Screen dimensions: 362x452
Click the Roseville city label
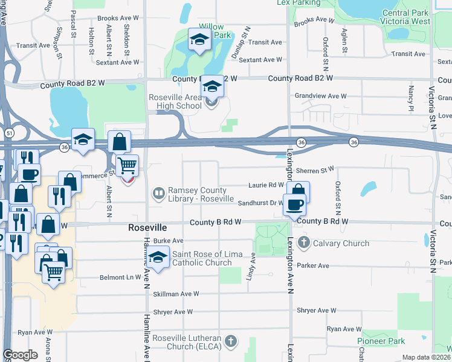147,228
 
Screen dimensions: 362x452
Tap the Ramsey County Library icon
158,193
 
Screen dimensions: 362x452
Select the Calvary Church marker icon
303,243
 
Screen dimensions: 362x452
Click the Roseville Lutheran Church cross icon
230,342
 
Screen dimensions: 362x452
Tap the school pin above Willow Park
198,40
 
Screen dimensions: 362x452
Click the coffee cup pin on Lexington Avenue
294,204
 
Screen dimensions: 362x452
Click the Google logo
20,355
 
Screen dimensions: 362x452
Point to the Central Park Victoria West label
406,17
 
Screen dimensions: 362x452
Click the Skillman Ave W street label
176,294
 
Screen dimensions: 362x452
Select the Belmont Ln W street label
120,278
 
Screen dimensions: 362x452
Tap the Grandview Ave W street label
320,96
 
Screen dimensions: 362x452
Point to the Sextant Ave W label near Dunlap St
260,60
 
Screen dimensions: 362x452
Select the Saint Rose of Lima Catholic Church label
202,258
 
